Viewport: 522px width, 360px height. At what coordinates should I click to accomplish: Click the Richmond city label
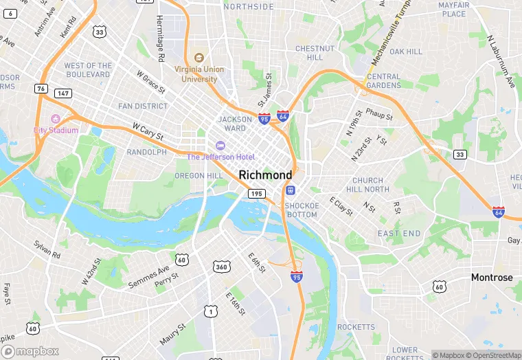click(x=266, y=175)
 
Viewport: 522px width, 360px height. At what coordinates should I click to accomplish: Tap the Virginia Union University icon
click(x=199, y=58)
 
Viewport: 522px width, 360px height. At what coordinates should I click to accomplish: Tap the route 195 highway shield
click(x=256, y=194)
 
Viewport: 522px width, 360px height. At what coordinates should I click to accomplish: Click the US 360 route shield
click(x=221, y=266)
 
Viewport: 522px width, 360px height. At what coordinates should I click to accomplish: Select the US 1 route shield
click(x=210, y=312)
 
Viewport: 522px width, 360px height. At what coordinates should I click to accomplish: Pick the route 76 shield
click(x=42, y=89)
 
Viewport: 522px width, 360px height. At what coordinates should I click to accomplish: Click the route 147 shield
click(x=63, y=93)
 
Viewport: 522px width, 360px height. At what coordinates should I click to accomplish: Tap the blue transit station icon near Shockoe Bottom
click(x=291, y=190)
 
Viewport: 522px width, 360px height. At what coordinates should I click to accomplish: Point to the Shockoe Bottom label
click(x=301, y=210)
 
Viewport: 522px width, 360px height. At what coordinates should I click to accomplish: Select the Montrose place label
click(x=491, y=278)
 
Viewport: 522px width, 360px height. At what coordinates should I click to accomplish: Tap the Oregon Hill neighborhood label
click(x=198, y=176)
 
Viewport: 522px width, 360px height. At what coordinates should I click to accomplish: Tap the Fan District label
click(x=143, y=106)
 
